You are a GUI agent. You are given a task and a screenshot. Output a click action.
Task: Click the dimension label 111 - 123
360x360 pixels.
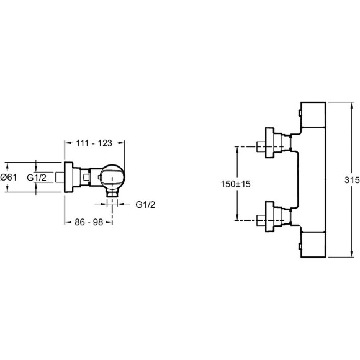click(94, 143)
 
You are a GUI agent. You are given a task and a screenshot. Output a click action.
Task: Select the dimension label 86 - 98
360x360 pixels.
click(89, 222)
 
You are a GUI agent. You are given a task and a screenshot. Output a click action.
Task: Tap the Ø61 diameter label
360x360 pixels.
click(9, 178)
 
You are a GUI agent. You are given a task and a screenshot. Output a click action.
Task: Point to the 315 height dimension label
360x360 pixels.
click(352, 180)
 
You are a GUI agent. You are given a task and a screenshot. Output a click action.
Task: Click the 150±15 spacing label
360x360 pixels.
click(236, 184)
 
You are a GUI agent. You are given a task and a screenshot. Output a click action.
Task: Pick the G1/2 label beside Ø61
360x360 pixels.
click(37, 178)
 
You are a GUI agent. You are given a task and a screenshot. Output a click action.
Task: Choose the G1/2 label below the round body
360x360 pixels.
click(145, 205)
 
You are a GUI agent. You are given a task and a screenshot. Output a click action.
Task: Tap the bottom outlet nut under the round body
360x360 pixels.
click(112, 193)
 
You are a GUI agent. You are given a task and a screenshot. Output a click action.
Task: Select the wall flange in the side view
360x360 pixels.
click(68, 177)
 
